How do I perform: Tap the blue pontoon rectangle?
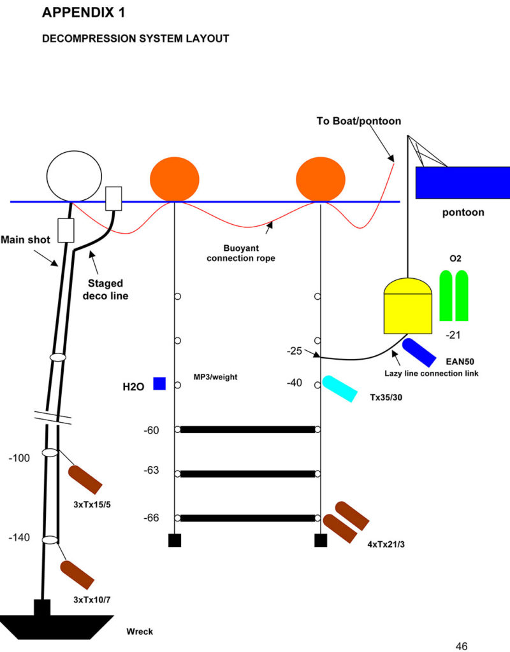pyautogui.click(x=462, y=182)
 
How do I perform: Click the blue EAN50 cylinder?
pyautogui.click(x=419, y=352)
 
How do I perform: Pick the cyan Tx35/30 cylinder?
pyautogui.click(x=339, y=388)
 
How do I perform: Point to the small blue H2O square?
pyautogui.click(x=159, y=383)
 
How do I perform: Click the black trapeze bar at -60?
pyautogui.click(x=248, y=430)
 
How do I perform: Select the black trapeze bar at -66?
pyautogui.click(x=248, y=518)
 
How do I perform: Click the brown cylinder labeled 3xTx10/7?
pyautogui.click(x=78, y=574)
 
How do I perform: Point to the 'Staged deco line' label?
pyautogui.click(x=106, y=290)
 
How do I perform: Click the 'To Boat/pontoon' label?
pyautogui.click(x=359, y=121)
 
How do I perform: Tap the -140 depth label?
pyautogui.click(x=19, y=537)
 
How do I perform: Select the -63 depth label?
pyautogui.click(x=152, y=471)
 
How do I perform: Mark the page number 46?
pyautogui.click(x=462, y=646)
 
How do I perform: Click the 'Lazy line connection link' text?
pyautogui.click(x=432, y=373)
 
